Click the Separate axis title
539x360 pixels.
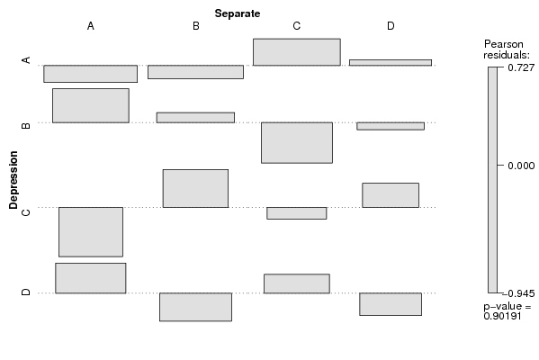[238, 13]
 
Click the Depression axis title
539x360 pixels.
[13, 180]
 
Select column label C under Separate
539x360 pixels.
[297, 26]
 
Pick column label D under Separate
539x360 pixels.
[391, 26]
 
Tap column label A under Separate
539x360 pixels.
[90, 26]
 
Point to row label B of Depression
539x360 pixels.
[26, 126]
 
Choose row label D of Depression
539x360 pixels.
[26, 292]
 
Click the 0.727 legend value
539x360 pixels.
[521, 67]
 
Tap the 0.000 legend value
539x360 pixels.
[521, 166]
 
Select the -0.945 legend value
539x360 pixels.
[519, 293]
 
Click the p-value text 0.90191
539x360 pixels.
[503, 316]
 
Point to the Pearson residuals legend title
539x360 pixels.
[507, 49]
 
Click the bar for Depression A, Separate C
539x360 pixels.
[297, 52]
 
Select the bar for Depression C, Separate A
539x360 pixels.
[91, 232]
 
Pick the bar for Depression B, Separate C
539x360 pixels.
[297, 143]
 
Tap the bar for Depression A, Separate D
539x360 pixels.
[391, 63]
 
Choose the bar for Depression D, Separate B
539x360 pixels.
[195, 307]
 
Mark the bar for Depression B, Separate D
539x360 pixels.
[391, 126]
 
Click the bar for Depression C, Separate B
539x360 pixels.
[195, 188]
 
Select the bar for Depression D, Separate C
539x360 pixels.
[297, 283]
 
